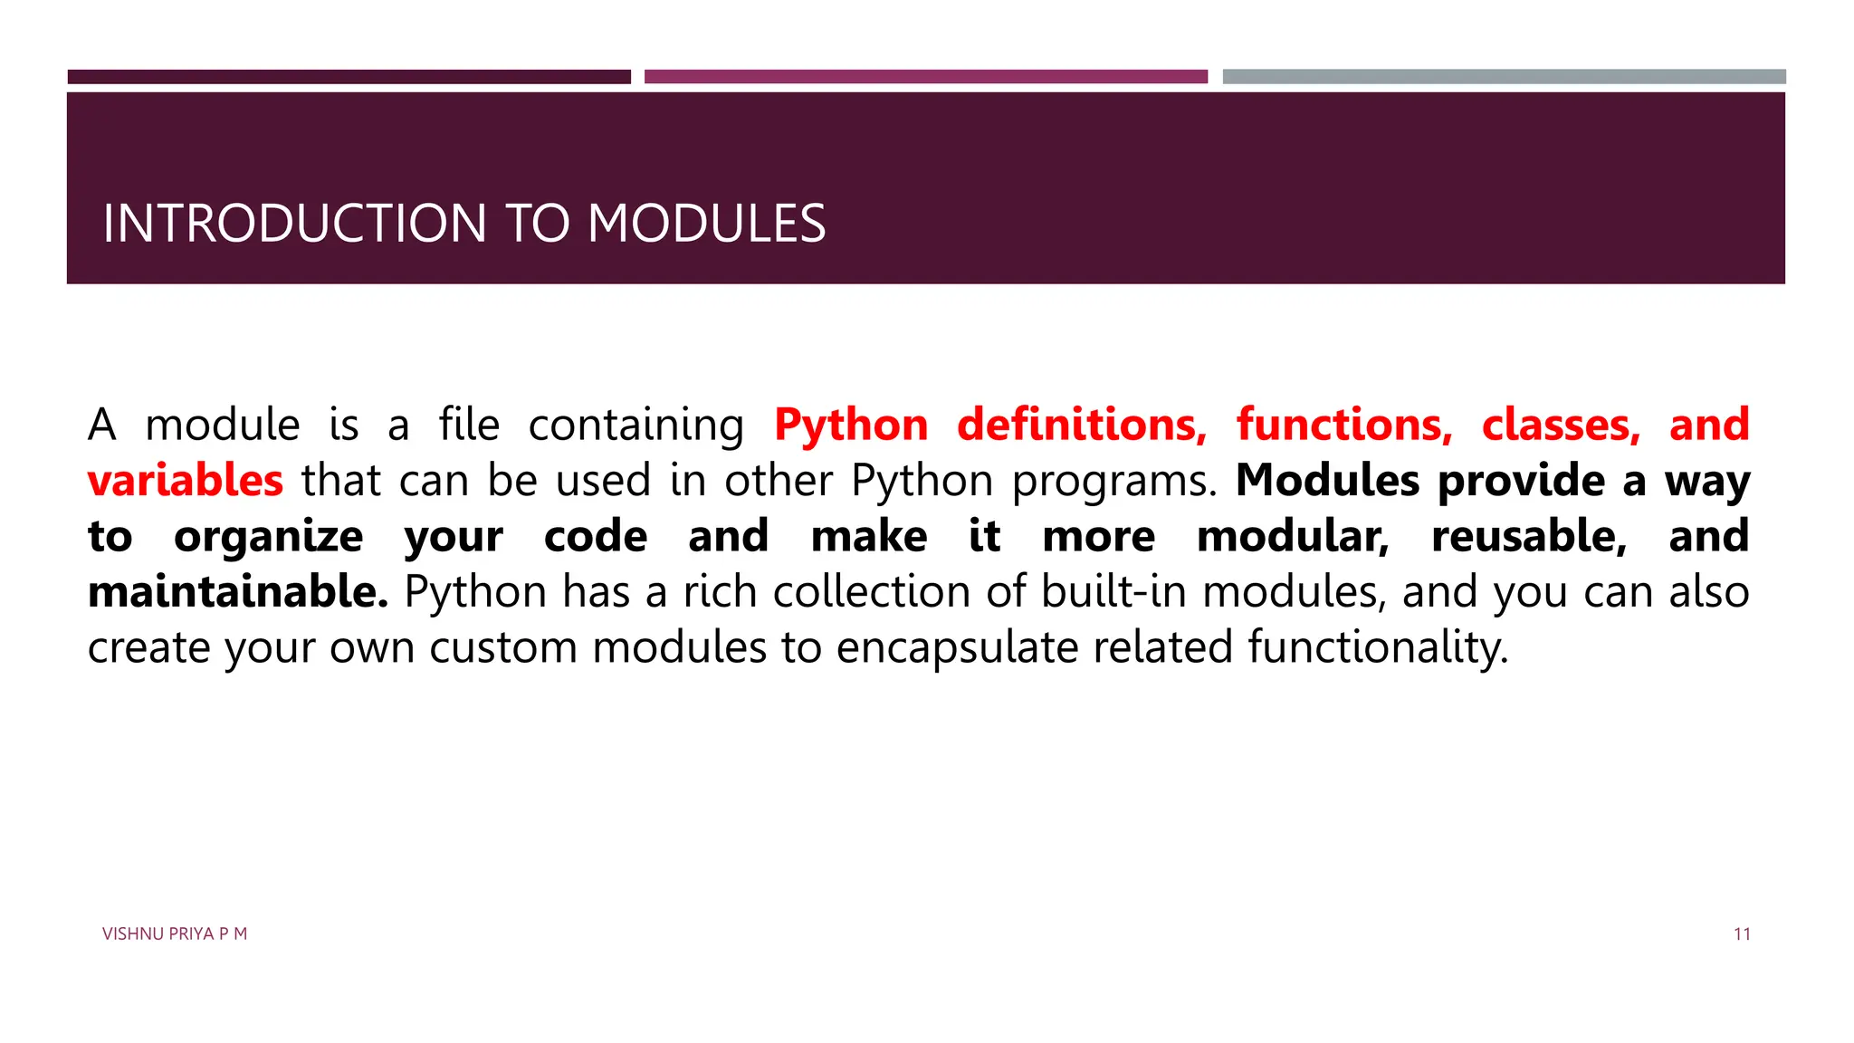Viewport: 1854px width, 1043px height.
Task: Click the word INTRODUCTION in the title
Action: (x=295, y=224)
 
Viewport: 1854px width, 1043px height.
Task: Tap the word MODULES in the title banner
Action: (x=706, y=224)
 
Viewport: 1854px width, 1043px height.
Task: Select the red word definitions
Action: (x=1082, y=425)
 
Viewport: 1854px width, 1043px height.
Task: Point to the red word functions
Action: (x=1344, y=425)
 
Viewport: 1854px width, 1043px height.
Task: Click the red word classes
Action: (x=1561, y=425)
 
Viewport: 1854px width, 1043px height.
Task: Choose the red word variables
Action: (x=186, y=480)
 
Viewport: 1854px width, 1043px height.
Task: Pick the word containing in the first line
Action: (x=636, y=426)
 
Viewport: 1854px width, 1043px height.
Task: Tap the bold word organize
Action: (x=268, y=537)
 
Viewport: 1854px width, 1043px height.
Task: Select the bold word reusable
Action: (x=1529, y=536)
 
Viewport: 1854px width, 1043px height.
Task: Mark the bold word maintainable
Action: (x=238, y=592)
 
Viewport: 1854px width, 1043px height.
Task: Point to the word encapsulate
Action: (x=957, y=648)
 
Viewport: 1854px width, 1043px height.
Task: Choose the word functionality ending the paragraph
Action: (x=1378, y=648)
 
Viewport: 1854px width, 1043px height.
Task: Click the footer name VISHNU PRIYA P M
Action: (x=175, y=934)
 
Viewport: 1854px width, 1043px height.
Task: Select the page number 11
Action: (x=1742, y=934)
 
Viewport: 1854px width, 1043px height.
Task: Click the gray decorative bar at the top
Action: (x=1504, y=77)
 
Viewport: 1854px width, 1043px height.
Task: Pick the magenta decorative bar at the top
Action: (x=926, y=77)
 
